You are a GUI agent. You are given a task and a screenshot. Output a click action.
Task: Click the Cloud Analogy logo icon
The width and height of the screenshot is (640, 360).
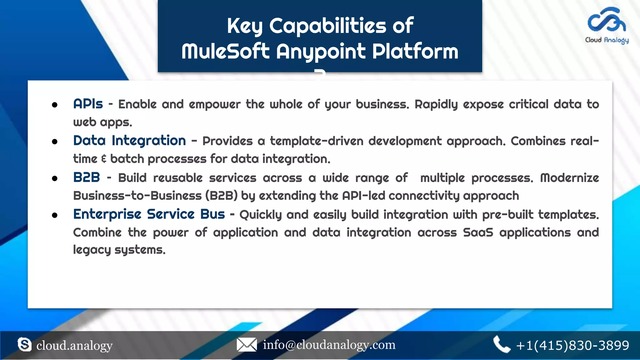pyautogui.click(x=607, y=20)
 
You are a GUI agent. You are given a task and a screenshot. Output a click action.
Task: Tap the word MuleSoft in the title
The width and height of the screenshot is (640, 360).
pyautogui.click(x=225, y=51)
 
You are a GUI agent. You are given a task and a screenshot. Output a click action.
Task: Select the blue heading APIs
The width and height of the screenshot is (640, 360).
pyautogui.click(x=88, y=104)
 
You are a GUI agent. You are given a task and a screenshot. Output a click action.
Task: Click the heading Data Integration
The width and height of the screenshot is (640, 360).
pyautogui.click(x=129, y=141)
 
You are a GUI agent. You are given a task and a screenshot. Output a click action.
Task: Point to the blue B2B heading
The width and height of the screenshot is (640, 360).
pyautogui.click(x=87, y=177)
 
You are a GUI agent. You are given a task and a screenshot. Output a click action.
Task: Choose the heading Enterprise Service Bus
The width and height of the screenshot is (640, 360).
pyautogui.click(x=149, y=214)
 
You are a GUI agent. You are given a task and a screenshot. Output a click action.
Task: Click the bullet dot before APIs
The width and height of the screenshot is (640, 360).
pyautogui.click(x=55, y=105)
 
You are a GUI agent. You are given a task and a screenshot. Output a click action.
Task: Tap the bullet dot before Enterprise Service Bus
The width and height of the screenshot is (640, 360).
pyautogui.click(x=55, y=215)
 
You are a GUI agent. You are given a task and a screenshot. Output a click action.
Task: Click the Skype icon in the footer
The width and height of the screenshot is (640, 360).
pyautogui.click(x=24, y=344)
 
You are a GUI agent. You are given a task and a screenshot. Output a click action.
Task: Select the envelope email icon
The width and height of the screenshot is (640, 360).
pyautogui.click(x=247, y=345)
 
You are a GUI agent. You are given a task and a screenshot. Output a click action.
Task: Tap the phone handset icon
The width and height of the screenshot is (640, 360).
pyautogui.click(x=501, y=344)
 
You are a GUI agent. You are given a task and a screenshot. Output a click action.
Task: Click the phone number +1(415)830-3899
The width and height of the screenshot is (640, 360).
pyautogui.click(x=572, y=345)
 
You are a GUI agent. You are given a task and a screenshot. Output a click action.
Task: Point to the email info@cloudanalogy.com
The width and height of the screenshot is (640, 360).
pyautogui.click(x=329, y=345)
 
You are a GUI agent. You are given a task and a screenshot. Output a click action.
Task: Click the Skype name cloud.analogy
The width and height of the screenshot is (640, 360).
pyautogui.click(x=74, y=346)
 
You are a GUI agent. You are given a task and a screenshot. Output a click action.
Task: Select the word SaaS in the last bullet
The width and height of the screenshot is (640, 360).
pyautogui.click(x=478, y=232)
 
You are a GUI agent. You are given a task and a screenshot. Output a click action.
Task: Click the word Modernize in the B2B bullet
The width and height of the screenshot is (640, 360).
pyautogui.click(x=569, y=178)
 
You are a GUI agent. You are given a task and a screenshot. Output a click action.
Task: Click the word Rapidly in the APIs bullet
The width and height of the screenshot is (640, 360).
pyautogui.click(x=436, y=104)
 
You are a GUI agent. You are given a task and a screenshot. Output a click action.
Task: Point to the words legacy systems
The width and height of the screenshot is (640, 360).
pyautogui.click(x=119, y=250)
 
